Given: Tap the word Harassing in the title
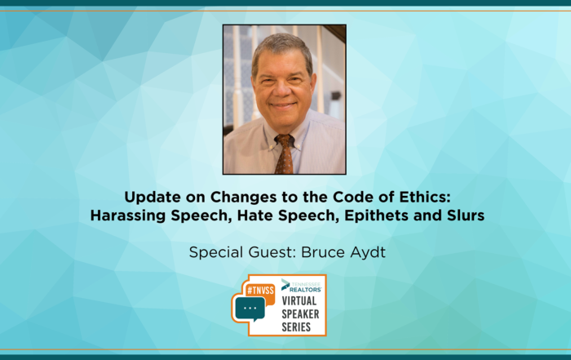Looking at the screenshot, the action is tap(128, 216).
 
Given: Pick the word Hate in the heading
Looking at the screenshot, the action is tap(255, 216).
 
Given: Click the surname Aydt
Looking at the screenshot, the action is tap(368, 252).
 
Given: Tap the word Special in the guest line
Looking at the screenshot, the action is tap(216, 252).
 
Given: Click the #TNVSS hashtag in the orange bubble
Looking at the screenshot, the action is tap(260, 291).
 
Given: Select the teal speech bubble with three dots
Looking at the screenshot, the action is tap(250, 309).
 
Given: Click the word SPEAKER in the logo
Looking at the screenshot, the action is tap(300, 314).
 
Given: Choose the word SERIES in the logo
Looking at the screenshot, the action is tap(296, 327).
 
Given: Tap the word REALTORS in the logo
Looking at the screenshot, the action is tap(305, 290).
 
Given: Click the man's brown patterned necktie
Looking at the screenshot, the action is tap(284, 154).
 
